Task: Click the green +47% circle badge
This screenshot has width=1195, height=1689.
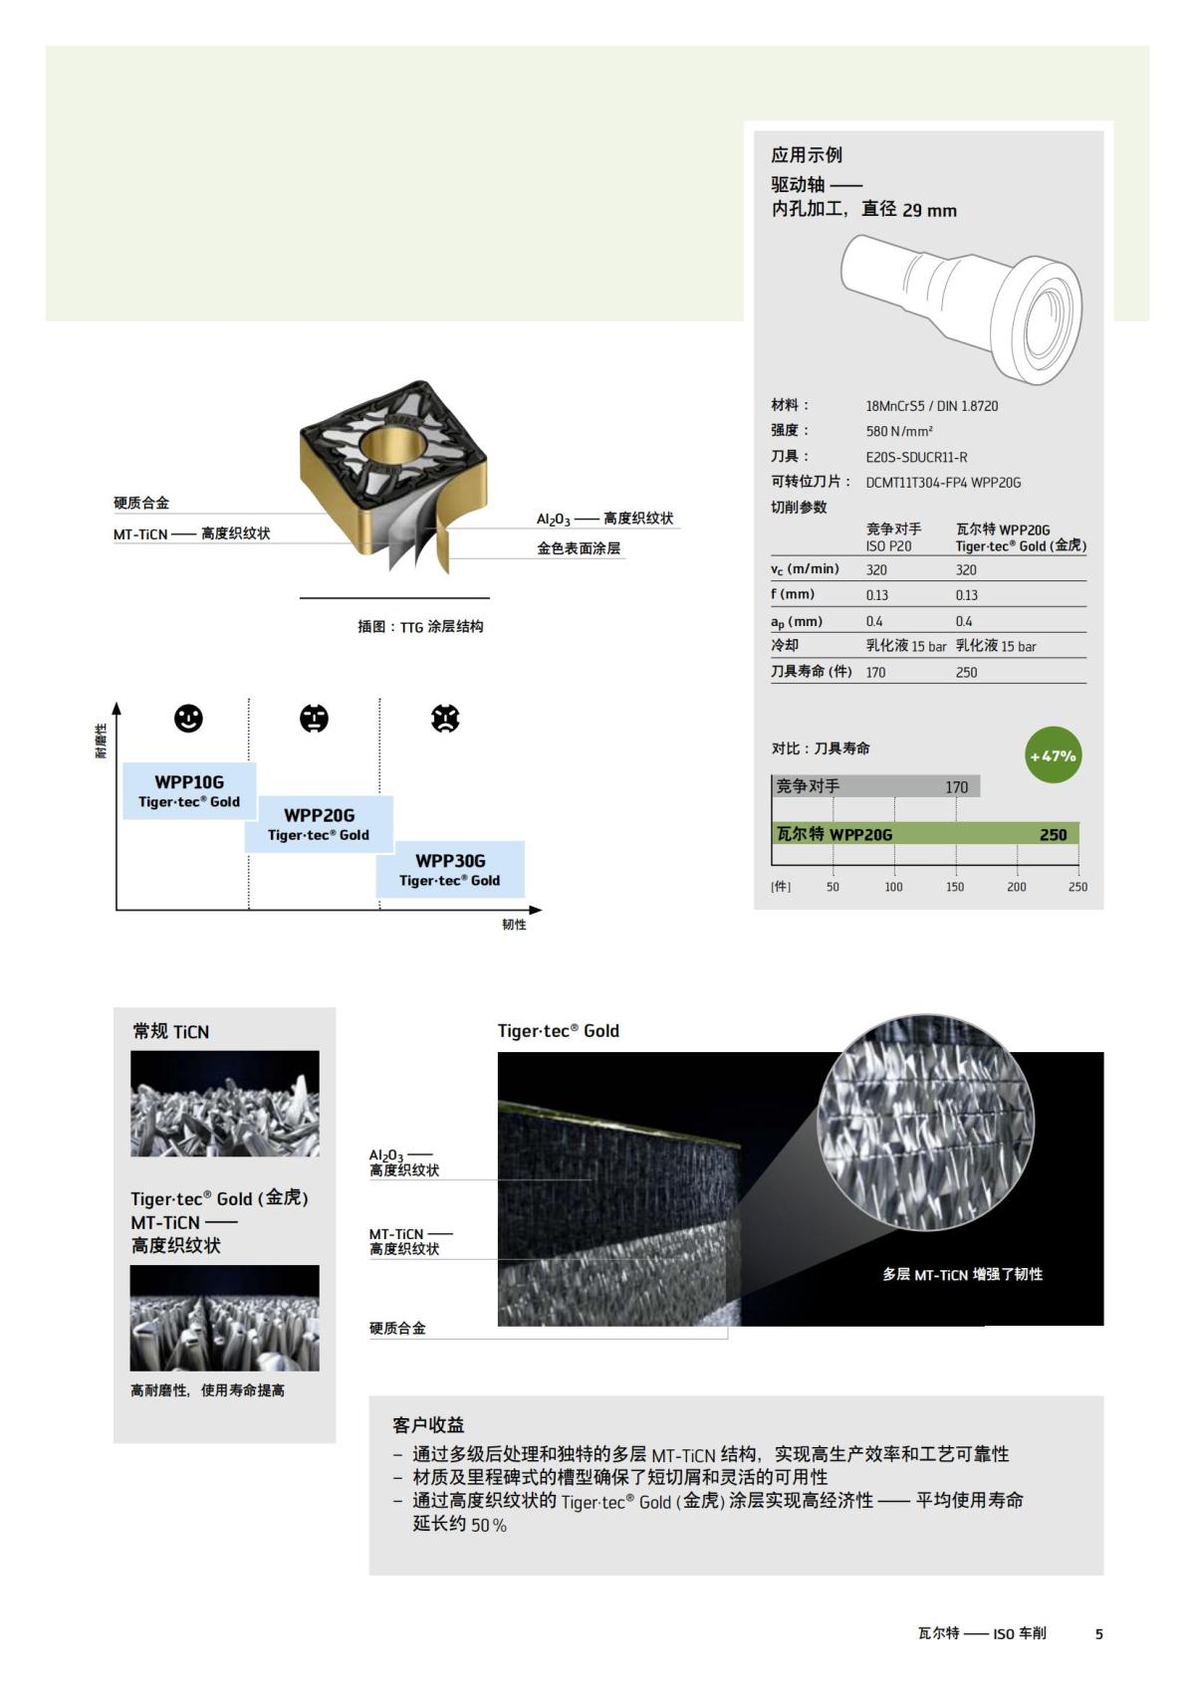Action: [1053, 755]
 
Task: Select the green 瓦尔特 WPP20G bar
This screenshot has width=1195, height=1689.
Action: [925, 834]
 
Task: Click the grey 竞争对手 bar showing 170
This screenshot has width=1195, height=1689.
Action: [875, 786]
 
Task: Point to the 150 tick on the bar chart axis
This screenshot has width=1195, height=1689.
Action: [955, 886]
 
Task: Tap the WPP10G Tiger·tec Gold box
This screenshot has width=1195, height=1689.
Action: [189, 791]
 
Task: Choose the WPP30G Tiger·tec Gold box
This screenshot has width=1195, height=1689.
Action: [450, 869]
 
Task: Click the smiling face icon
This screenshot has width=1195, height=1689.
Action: [188, 718]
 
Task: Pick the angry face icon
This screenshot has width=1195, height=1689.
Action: [445, 718]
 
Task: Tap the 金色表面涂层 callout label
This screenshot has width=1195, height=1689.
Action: [579, 548]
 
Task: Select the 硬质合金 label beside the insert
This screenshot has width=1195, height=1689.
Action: [141, 503]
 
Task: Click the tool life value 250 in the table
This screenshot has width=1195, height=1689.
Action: [966, 672]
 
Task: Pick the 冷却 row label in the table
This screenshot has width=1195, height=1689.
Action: [785, 645]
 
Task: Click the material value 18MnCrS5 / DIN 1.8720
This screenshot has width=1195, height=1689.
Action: [931, 406]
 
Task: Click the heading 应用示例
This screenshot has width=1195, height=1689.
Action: [806, 155]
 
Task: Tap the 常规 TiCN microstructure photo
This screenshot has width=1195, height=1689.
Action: [225, 1103]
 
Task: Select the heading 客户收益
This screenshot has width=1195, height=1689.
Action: [428, 1425]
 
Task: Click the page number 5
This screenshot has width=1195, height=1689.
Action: [1098, 1633]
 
